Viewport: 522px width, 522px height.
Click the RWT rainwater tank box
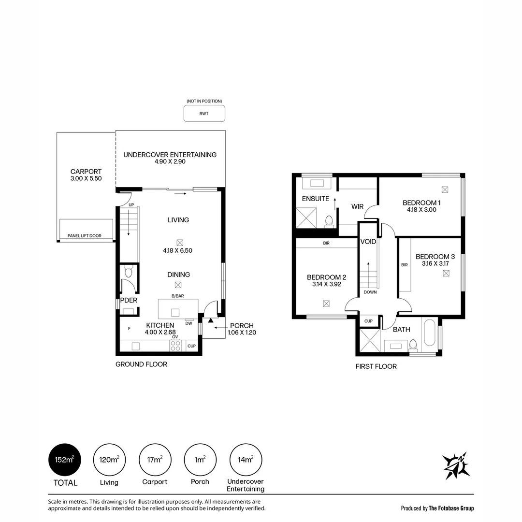tap(204, 114)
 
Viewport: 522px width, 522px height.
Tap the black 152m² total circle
tap(65, 460)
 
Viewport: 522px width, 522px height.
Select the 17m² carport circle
tap(155, 460)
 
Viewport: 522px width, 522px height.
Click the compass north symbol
tap(456, 466)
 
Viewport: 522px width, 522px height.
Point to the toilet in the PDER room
tap(129, 272)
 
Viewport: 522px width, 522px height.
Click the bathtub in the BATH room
tap(430, 333)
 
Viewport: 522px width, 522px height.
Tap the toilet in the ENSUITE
tap(329, 221)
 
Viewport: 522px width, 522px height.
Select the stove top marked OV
tap(175, 346)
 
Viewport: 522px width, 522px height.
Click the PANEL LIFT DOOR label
tap(85, 236)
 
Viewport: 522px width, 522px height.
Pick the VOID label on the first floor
tap(368, 242)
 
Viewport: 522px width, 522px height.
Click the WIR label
tap(357, 206)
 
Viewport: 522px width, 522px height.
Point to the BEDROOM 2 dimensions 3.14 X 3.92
tap(327, 284)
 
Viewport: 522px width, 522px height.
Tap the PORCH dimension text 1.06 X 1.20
tap(242, 332)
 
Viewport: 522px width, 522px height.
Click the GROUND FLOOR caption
tap(141, 364)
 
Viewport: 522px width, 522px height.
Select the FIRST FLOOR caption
tap(376, 366)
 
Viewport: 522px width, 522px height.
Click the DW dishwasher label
tap(189, 323)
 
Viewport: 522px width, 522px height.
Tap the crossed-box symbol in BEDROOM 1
tap(445, 189)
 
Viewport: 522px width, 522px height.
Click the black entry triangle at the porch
tap(211, 320)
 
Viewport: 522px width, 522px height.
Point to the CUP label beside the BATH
tap(368, 321)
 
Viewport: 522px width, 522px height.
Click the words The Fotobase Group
tap(451, 508)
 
